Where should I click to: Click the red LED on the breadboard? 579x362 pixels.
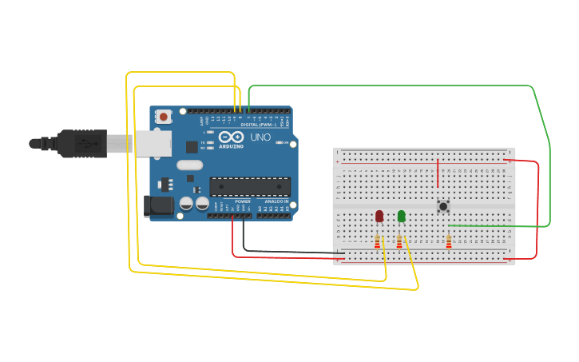point(379,216)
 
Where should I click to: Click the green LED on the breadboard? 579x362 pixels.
point(401,216)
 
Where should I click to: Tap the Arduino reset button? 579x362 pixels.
point(164,117)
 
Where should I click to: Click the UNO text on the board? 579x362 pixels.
point(261,137)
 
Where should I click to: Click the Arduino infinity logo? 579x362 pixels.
point(232,137)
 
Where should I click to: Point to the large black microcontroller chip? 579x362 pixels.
point(249,186)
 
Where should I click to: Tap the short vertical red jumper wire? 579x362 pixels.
point(438,173)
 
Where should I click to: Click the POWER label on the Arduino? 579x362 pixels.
point(243,201)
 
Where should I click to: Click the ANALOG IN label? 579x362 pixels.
point(276,201)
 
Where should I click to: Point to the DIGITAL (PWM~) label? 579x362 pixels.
point(258,125)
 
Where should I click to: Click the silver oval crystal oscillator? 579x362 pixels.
point(190,165)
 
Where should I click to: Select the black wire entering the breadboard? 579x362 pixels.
point(288,252)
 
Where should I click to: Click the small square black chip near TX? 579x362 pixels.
point(192,146)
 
